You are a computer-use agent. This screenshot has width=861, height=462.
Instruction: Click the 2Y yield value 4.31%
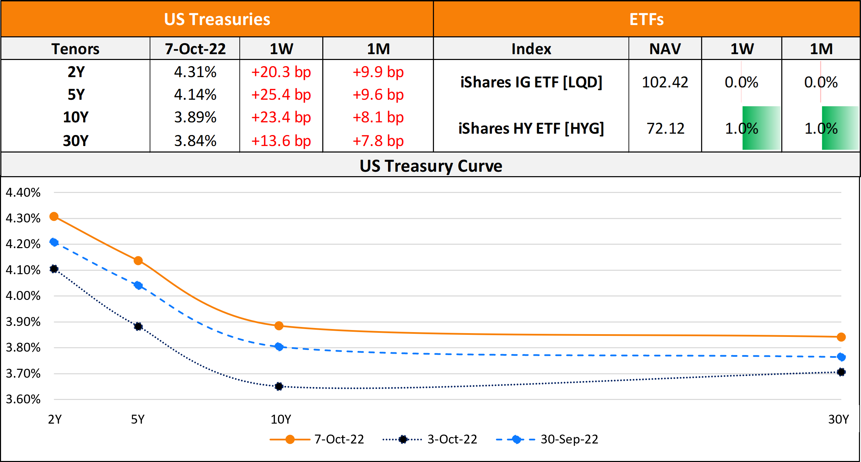(x=195, y=72)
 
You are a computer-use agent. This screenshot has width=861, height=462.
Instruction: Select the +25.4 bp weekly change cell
(x=281, y=95)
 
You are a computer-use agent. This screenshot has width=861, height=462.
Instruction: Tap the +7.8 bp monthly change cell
(x=378, y=141)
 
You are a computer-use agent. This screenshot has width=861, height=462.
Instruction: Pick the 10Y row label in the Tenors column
(x=76, y=117)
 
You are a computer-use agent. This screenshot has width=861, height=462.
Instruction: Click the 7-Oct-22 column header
(x=195, y=49)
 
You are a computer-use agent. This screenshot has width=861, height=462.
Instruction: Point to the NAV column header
(x=665, y=49)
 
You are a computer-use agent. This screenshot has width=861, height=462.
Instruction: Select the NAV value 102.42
(x=665, y=82)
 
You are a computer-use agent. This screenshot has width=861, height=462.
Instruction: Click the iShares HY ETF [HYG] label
(x=531, y=129)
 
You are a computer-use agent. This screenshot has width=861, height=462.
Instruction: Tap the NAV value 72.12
(x=665, y=129)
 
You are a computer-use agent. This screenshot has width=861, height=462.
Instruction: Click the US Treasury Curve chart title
(x=430, y=166)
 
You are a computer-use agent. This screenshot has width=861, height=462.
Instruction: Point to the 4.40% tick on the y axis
(x=23, y=193)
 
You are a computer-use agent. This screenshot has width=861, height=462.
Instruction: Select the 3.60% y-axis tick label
(x=23, y=399)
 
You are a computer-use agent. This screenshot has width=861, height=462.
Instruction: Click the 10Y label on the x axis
(x=281, y=419)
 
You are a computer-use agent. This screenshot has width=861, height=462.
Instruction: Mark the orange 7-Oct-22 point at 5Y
(x=138, y=261)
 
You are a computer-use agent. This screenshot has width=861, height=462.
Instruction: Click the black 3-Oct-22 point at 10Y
(x=279, y=387)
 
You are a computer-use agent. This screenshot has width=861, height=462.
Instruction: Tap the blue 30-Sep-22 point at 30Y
(x=841, y=357)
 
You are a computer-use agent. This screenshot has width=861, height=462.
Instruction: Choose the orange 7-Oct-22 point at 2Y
(x=54, y=217)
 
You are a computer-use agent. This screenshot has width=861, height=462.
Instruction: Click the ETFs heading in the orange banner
(x=646, y=19)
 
